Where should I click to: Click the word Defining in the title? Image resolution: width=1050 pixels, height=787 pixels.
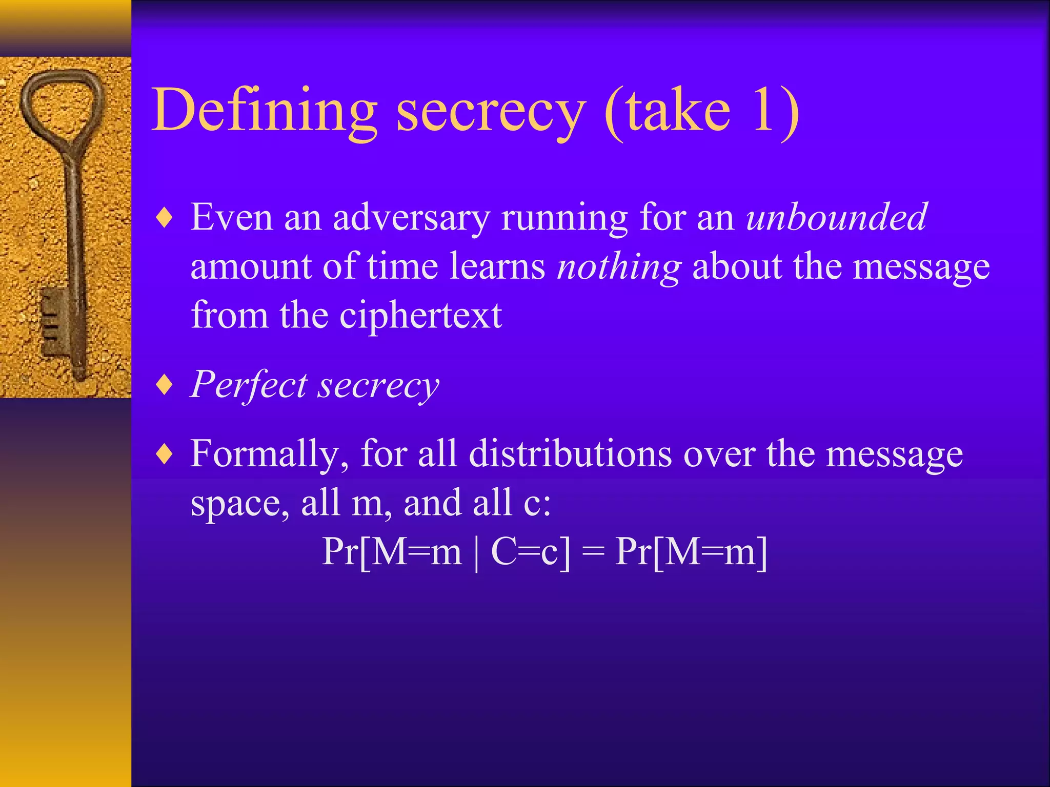click(x=265, y=111)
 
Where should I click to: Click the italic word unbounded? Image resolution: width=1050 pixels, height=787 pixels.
click(x=837, y=217)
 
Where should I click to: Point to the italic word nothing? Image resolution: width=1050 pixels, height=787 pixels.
click(x=619, y=267)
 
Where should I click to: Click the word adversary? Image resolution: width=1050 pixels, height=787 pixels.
click(x=411, y=218)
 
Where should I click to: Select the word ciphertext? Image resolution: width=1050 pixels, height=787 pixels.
click(x=420, y=315)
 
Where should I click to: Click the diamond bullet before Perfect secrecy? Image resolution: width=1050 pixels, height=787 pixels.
click(x=165, y=385)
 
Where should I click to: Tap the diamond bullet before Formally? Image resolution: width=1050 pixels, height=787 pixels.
click(x=165, y=454)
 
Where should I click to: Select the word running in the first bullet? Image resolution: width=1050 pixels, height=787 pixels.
click(x=564, y=218)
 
